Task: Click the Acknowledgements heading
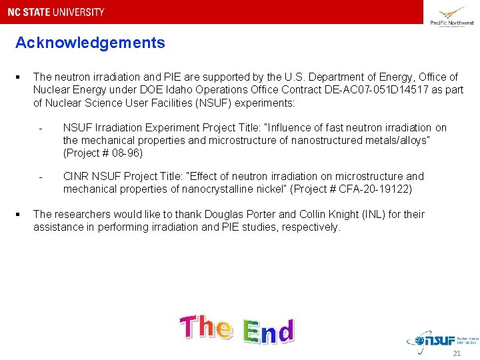90,43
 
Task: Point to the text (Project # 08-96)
103,153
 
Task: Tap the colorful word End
268,331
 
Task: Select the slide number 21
457,353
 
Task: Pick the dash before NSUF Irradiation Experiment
41,128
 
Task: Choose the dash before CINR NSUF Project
41,177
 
